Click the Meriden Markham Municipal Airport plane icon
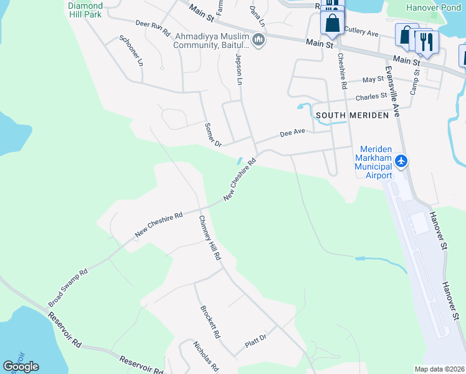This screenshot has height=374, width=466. pyautogui.click(x=401, y=161)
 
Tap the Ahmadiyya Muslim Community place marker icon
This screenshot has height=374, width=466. pyautogui.click(x=259, y=41)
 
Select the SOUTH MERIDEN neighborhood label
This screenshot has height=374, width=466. pyautogui.click(x=352, y=115)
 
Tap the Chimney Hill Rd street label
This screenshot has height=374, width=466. pyautogui.click(x=210, y=237)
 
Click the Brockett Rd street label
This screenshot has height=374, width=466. pyautogui.click(x=210, y=322)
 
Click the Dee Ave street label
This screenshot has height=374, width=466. pyautogui.click(x=292, y=133)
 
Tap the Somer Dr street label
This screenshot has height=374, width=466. pyautogui.click(x=213, y=135)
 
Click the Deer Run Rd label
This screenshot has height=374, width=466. pyautogui.click(x=153, y=27)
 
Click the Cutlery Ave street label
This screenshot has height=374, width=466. pyautogui.click(x=361, y=32)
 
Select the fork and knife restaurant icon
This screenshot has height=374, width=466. pyautogui.click(x=427, y=42)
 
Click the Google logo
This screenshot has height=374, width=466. pyautogui.click(x=21, y=367)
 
